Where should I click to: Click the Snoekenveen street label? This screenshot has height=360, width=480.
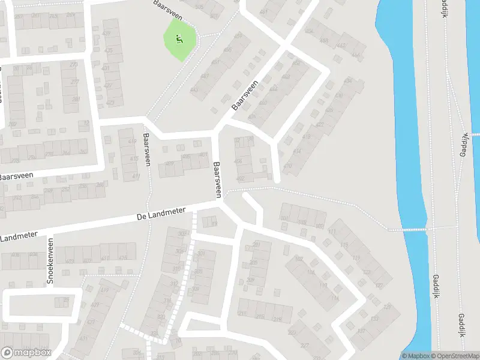coord(50,262)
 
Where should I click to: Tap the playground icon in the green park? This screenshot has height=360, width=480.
coord(179,40)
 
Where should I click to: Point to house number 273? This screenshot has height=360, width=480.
coord(74,64)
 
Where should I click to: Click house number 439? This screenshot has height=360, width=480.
coord(107,33)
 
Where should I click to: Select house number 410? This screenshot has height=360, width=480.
coord(288,166)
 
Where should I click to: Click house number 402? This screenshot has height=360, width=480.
coord(241,178)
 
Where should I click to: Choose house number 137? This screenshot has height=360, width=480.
coord(361,331)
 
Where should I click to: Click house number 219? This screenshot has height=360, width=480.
coord(277,319)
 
